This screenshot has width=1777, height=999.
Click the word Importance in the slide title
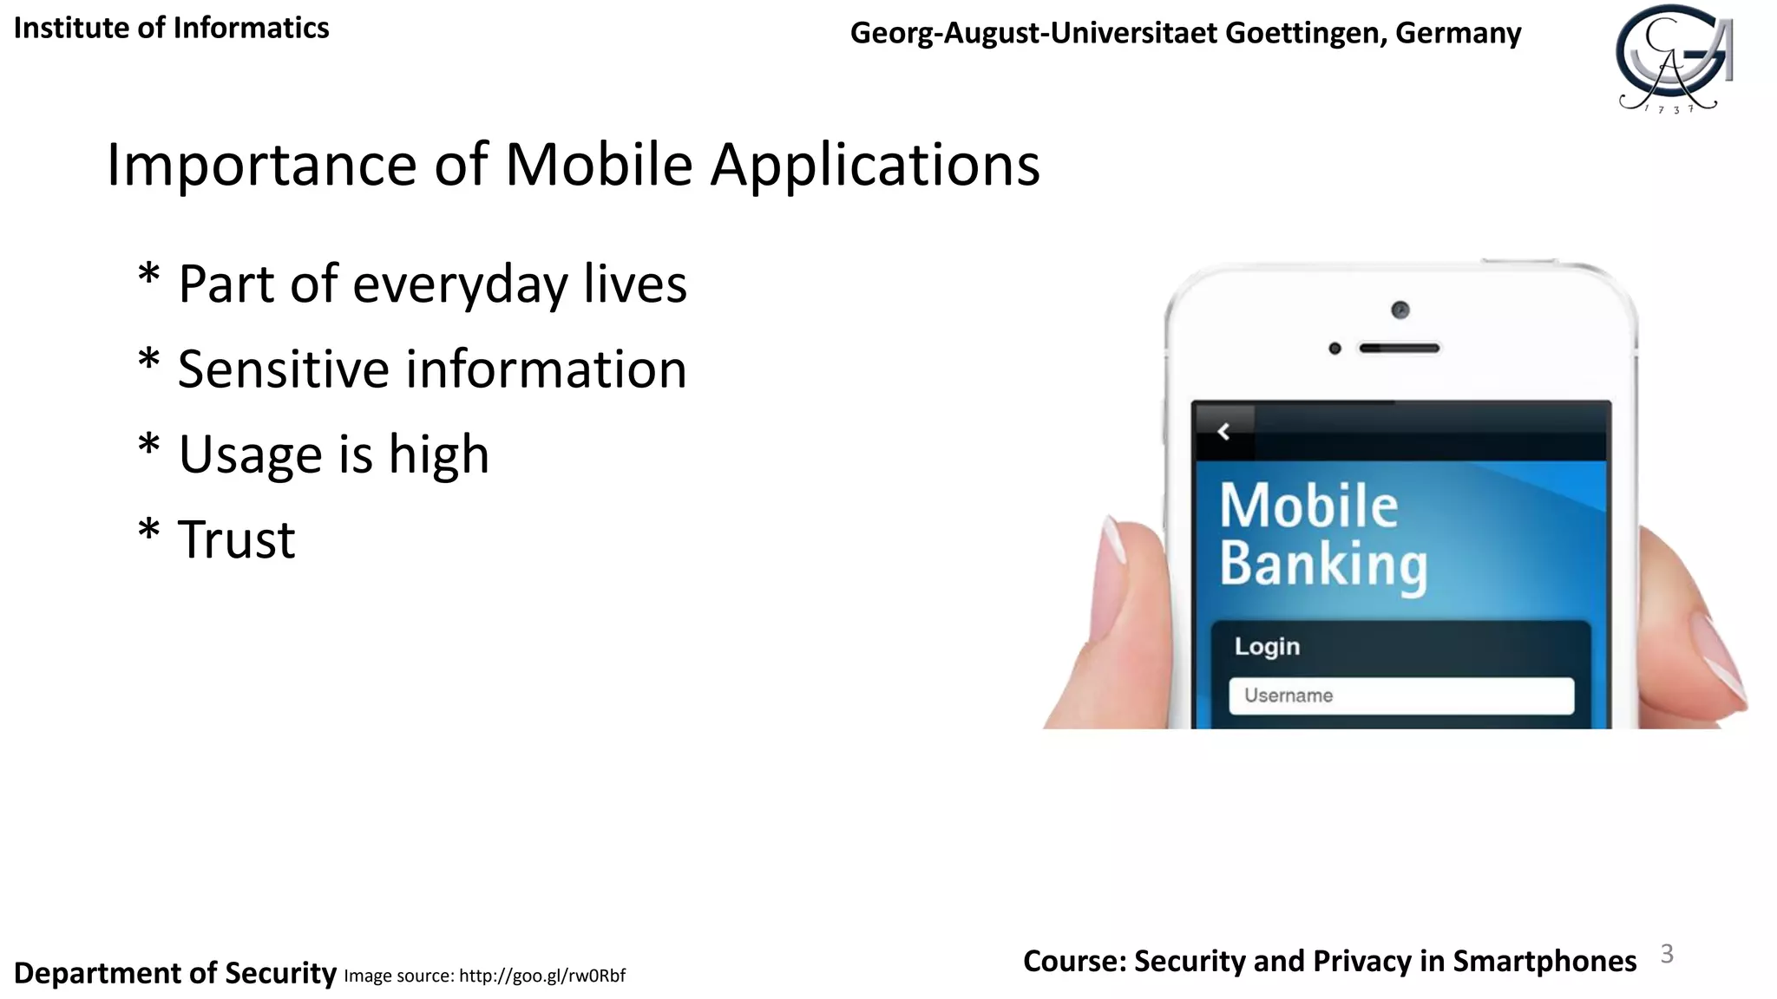[261, 165]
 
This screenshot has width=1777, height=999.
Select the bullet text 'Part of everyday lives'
[432, 284]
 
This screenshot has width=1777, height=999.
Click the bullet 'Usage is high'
[333, 454]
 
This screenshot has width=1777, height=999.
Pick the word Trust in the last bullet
[236, 539]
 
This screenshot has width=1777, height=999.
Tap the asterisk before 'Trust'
[149, 530]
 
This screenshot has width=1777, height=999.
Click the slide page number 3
[1666, 954]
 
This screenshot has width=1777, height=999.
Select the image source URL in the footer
[541, 976]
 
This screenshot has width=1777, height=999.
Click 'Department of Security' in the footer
[174, 973]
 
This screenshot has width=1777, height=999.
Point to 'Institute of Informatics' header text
[171, 28]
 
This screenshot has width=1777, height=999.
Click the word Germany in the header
[1458, 33]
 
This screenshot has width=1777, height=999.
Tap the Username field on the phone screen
[1400, 695]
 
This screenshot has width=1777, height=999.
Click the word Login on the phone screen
[1267, 647]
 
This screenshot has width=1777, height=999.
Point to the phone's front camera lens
[1400, 310]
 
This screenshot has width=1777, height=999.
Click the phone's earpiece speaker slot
[1399, 349]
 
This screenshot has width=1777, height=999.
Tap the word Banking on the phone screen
[1323, 565]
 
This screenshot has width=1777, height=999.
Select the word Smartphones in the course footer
[1544, 961]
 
